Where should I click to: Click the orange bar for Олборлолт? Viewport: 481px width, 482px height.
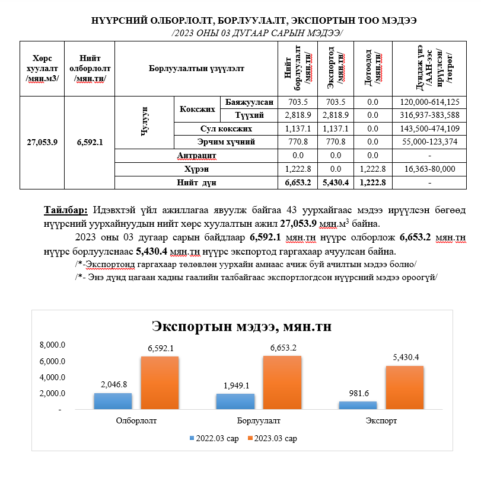(x=160, y=383)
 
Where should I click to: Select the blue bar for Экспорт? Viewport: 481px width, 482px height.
(x=358, y=405)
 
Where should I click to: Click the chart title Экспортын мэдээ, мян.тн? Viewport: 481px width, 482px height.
(x=241, y=326)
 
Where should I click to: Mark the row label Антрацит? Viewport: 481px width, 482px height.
(x=196, y=155)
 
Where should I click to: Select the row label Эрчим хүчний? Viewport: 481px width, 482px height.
(x=226, y=142)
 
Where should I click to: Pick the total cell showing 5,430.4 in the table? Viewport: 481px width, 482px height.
(x=336, y=182)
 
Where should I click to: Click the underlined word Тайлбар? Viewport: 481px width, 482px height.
(x=66, y=210)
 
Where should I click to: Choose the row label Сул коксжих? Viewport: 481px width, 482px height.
(x=226, y=128)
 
